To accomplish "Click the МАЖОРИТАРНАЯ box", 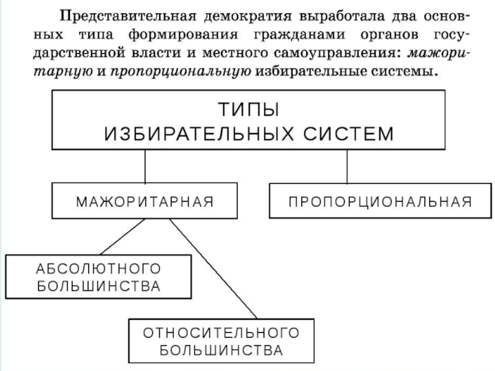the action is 145,202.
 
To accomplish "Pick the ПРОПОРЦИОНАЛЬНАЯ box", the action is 379,202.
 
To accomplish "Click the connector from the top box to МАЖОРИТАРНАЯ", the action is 145,166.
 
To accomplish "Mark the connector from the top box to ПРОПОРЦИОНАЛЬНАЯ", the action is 347,166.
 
